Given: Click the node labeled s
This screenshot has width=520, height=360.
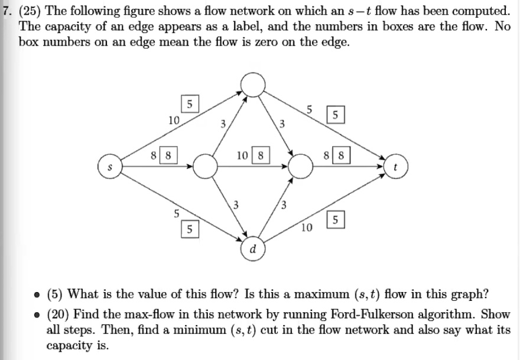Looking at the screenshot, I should [x=109, y=167].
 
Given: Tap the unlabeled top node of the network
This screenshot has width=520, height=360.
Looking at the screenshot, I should [x=252, y=85].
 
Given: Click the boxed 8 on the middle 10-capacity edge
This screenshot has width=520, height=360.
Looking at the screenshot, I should [x=261, y=157].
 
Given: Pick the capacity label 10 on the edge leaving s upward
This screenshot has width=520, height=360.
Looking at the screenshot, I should [x=173, y=120].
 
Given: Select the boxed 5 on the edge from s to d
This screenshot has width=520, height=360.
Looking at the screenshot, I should [x=189, y=229].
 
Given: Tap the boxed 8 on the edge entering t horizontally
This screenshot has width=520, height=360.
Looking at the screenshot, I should [x=343, y=157].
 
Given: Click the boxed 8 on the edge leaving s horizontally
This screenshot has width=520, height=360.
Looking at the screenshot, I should [x=168, y=157].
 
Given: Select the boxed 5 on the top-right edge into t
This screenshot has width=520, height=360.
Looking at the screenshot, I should [x=336, y=115].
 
